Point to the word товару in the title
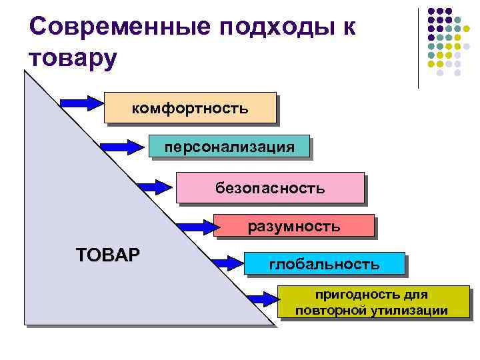(x=73, y=58)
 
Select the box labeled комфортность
(x=190, y=107)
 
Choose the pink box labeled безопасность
(x=270, y=187)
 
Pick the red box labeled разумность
(x=293, y=227)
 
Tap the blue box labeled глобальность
(x=324, y=264)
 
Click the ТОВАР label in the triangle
(x=109, y=255)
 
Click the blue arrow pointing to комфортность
(x=81, y=102)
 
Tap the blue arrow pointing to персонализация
(x=119, y=145)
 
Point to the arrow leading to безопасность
(x=154, y=187)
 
